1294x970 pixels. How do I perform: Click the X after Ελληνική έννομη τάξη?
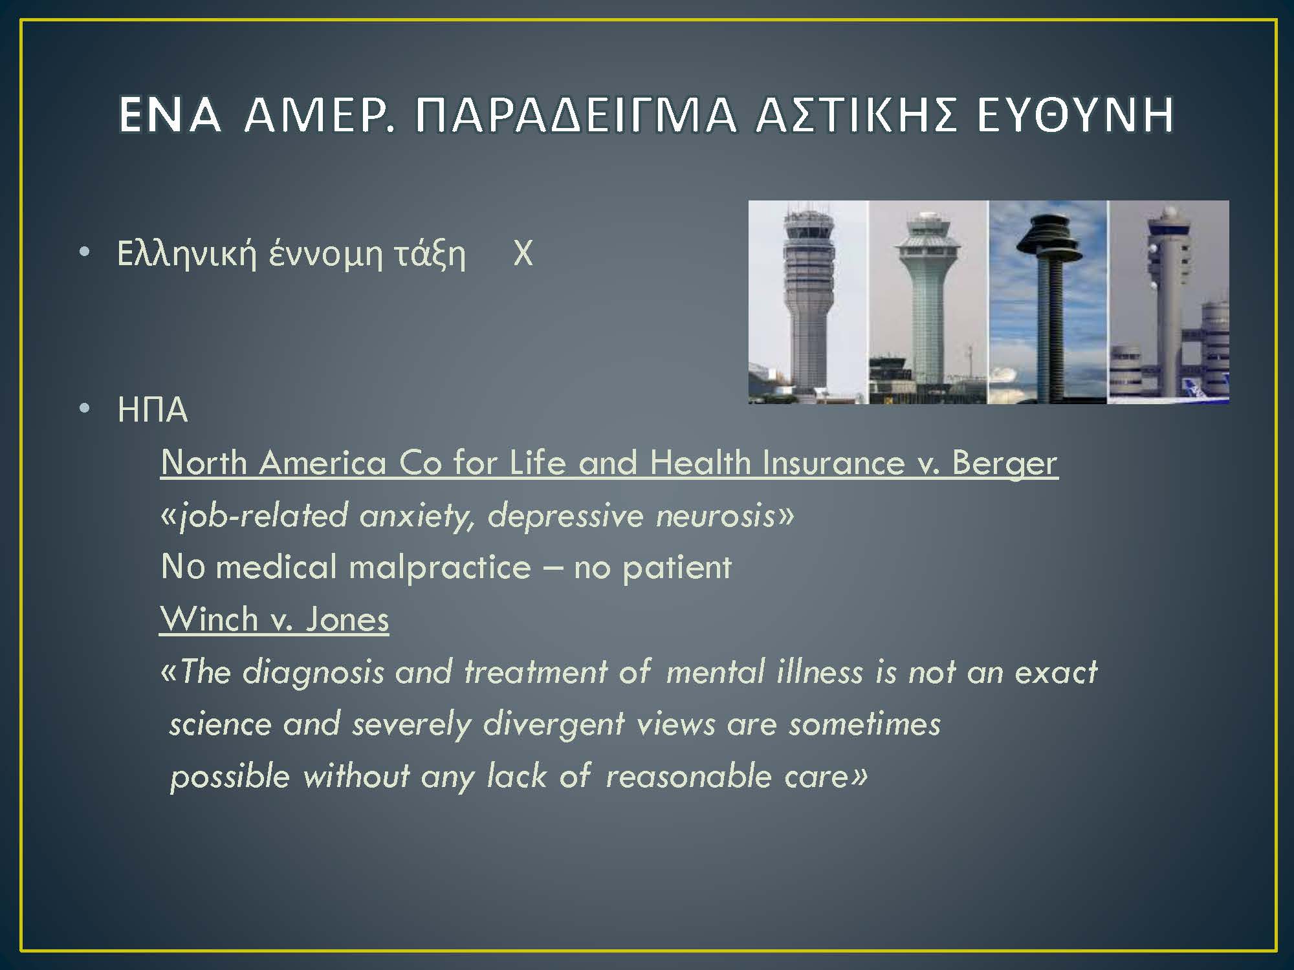click(523, 253)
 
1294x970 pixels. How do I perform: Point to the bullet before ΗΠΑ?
click(84, 409)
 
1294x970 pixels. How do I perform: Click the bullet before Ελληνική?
click(84, 253)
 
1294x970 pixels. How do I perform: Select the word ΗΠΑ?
click(153, 410)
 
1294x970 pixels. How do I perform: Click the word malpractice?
click(440, 568)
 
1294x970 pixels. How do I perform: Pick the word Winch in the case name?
click(209, 619)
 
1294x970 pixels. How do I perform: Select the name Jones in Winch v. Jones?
click(347, 619)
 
